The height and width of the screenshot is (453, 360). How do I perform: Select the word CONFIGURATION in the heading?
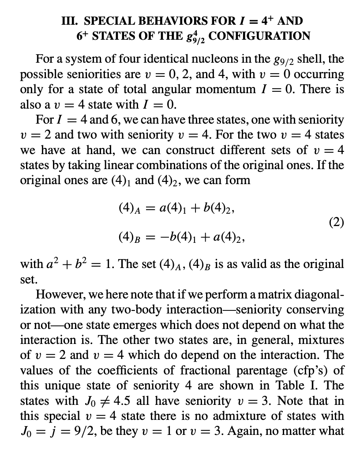tap(260, 35)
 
